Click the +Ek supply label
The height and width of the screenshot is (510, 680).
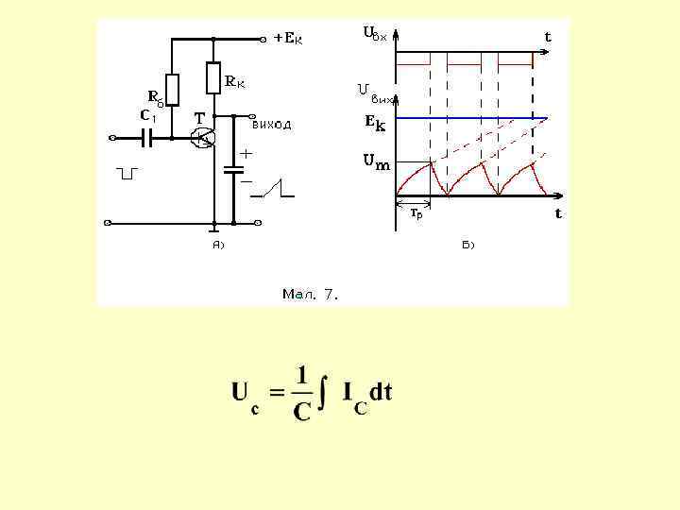pos(288,39)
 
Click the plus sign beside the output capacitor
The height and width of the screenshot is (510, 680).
pos(245,152)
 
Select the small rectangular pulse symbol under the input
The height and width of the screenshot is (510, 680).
pos(128,173)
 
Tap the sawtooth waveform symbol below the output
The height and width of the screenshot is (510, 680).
pos(273,189)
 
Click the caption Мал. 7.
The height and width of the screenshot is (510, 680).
pos(310,294)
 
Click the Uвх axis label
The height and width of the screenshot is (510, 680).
pos(375,34)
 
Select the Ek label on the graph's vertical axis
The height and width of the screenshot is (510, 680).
pos(375,121)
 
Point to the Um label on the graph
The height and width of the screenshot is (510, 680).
pos(376,162)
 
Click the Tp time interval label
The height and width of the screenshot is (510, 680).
pos(416,213)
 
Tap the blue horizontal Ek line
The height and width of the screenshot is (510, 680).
pos(472,119)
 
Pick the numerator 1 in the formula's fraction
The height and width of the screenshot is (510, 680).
pos(301,375)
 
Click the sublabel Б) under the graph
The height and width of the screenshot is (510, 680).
pos(468,245)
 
